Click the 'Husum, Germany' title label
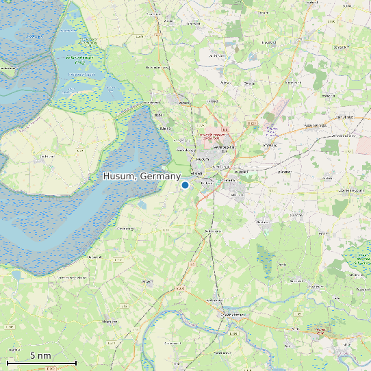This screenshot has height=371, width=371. click(x=142, y=177)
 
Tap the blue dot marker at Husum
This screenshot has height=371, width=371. click(x=185, y=185)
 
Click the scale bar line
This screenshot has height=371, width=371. click(x=41, y=362)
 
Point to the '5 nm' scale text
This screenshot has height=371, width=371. click(x=40, y=355)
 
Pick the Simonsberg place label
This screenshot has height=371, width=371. click(x=126, y=228)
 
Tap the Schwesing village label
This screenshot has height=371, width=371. click(x=270, y=145)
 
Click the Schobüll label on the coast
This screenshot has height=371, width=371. click(x=164, y=128)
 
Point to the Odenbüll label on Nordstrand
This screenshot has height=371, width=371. click(x=47, y=156)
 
